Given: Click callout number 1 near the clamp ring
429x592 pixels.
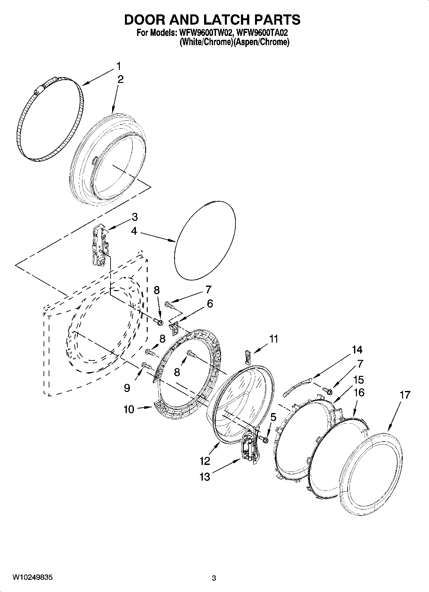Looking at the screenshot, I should [119, 66].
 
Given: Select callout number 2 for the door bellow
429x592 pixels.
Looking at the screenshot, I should [120, 79].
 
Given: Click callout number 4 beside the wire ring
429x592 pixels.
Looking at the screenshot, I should [134, 231].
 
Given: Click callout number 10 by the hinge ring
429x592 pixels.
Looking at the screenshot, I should [129, 410].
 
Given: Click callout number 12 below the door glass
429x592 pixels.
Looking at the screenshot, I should [205, 461].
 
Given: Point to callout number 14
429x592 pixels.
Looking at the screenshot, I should [357, 350].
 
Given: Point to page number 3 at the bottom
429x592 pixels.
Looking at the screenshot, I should [214, 578].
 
